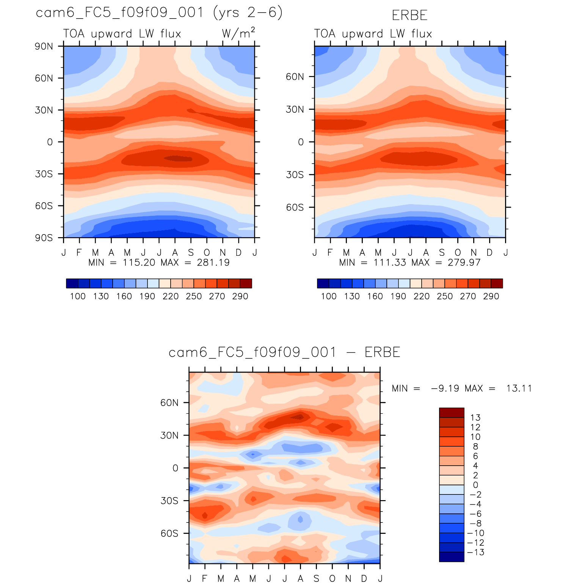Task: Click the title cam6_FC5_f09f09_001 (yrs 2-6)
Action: tap(159, 13)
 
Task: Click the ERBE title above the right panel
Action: tap(410, 16)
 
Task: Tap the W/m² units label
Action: tap(238, 33)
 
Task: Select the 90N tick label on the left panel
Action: tap(44, 46)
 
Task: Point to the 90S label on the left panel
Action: tap(44, 238)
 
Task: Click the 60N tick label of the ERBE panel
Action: tap(295, 77)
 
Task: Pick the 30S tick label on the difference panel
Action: tap(169, 501)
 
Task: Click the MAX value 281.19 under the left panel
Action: tap(213, 263)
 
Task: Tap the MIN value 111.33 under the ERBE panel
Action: tap(390, 263)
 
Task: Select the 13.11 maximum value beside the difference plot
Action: tap(519, 389)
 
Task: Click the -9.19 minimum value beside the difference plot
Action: tap(445, 389)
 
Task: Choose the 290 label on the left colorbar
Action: tap(240, 296)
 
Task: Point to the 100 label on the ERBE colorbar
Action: tap(329, 296)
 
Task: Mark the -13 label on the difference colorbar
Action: tap(476, 553)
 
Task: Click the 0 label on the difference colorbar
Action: tap(475, 485)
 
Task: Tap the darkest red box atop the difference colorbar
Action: tap(452, 412)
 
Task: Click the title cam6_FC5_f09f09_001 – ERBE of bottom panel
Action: tap(284, 353)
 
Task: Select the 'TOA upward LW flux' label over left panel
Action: tap(122, 34)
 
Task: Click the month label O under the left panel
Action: tap(207, 253)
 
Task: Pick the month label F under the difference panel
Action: tap(205, 579)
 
